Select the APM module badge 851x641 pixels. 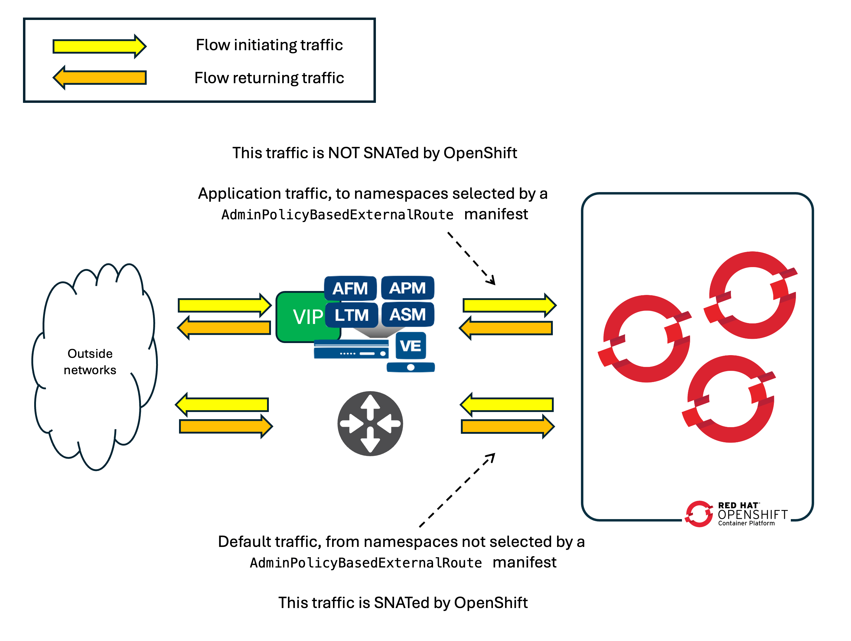407,288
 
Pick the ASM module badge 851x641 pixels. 407,315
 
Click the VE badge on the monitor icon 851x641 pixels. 410,345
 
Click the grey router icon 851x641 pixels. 370,424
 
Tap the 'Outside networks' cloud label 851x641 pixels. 90,362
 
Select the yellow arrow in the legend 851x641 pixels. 99,46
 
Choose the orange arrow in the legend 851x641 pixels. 99,77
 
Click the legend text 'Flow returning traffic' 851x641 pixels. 269,78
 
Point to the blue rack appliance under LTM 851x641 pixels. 351,349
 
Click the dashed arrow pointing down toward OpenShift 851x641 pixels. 471,258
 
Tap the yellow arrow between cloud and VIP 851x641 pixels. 224,306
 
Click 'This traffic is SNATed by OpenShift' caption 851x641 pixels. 403,603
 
